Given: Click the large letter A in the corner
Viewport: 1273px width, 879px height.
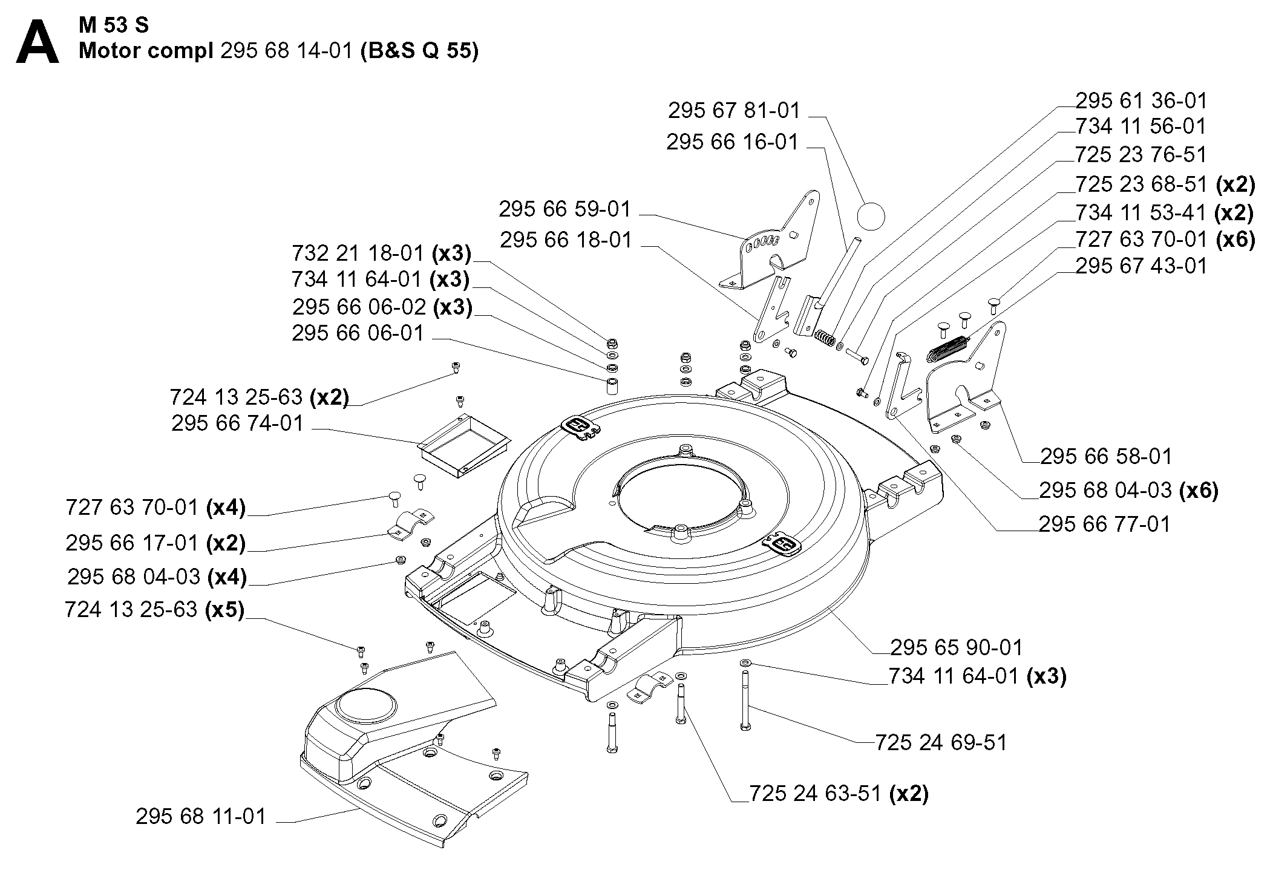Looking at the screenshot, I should (x=38, y=43).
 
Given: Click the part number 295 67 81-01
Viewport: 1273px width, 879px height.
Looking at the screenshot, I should (x=734, y=111).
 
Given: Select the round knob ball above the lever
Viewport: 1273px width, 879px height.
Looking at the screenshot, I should (x=871, y=216).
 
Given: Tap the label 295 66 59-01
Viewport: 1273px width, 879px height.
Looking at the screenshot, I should (x=565, y=209).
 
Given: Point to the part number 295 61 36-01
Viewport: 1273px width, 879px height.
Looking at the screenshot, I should (x=1141, y=100).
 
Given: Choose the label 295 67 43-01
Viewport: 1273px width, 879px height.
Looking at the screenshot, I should (x=1141, y=266).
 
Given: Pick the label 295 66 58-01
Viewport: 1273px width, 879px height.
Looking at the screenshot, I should (x=1106, y=456).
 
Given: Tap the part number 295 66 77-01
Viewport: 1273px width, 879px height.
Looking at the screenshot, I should (x=1104, y=524).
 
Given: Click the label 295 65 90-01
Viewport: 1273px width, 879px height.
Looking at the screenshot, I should (x=956, y=647).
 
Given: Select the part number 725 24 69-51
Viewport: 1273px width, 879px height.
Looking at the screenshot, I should (x=941, y=742).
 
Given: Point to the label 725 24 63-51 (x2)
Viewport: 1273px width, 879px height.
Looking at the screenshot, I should (x=839, y=794).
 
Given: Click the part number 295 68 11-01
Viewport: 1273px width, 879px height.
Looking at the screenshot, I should (x=201, y=817).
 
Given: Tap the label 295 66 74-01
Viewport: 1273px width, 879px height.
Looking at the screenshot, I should (x=237, y=423).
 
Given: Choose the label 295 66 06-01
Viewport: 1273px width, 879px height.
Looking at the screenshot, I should (x=358, y=333).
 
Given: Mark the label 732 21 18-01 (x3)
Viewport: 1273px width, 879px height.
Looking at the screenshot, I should (x=381, y=253).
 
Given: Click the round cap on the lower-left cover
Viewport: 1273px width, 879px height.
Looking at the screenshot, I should (x=367, y=705).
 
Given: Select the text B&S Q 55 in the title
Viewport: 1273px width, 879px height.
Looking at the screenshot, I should (x=419, y=51).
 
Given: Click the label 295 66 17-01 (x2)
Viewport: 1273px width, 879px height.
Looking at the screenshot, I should (x=155, y=543).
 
